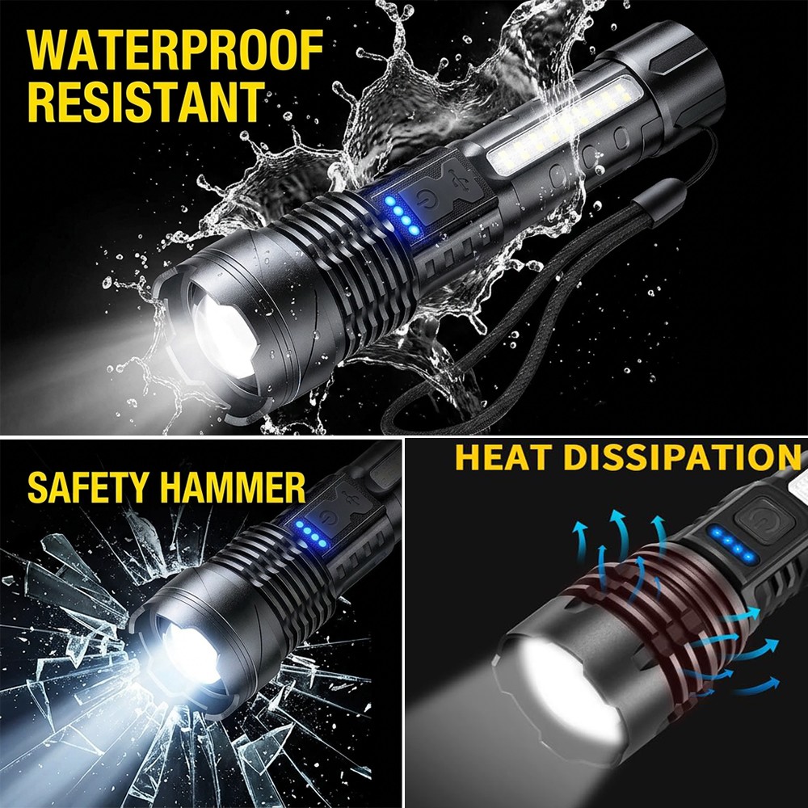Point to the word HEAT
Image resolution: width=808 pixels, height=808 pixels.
(504, 457)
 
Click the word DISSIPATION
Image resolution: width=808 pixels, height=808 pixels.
(679, 457)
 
